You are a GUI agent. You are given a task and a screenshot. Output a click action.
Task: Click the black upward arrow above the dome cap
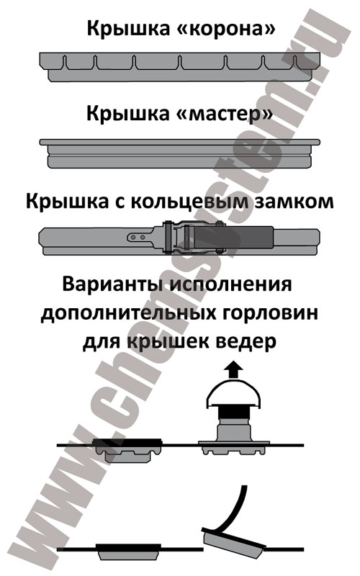[233, 370]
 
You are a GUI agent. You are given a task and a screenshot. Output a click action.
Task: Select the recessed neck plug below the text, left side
[128, 450]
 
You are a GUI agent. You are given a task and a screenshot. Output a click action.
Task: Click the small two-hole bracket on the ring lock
[140, 238]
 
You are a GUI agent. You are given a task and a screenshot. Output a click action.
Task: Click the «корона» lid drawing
[179, 67]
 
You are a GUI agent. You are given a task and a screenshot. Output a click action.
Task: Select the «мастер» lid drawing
[179, 153]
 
